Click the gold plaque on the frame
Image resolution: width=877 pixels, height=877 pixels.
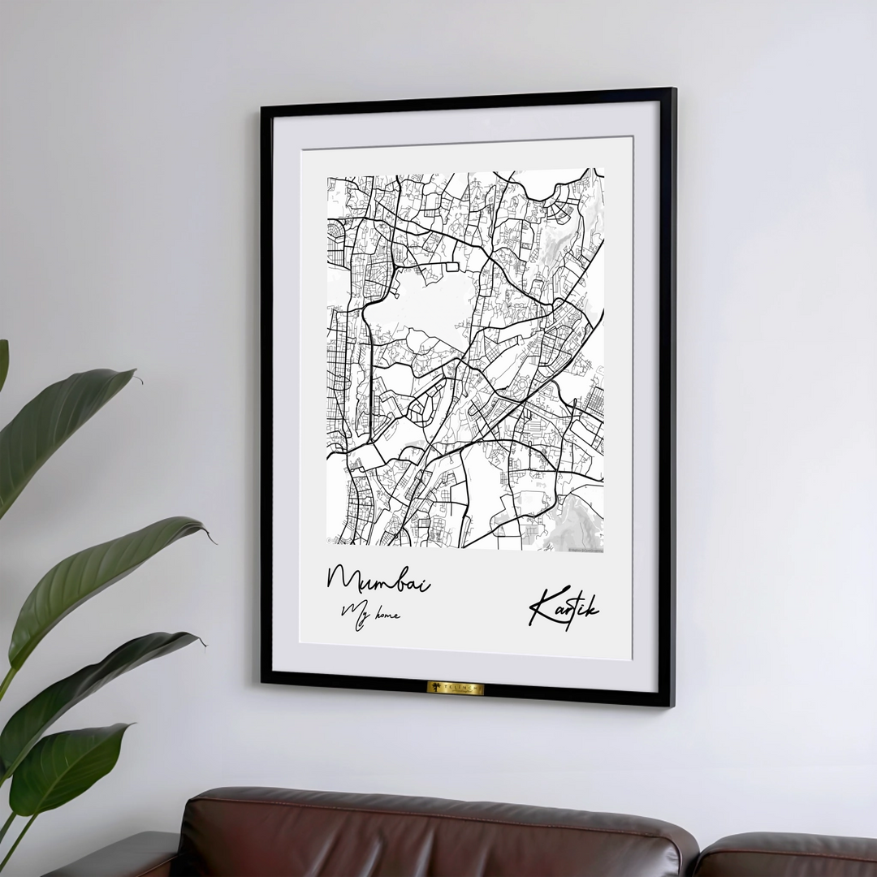[456, 688]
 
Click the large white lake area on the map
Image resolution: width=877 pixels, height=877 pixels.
[414, 305]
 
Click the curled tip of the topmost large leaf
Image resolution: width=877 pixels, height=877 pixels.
[136, 375]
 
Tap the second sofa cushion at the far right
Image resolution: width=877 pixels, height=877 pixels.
[788, 857]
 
